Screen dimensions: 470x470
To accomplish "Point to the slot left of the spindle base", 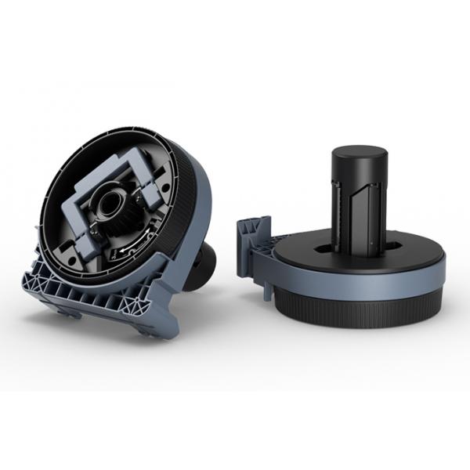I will coord(321,251).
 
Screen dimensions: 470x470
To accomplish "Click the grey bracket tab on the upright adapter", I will coord(254,236).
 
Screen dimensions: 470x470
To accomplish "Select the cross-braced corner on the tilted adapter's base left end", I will coord(47,274).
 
